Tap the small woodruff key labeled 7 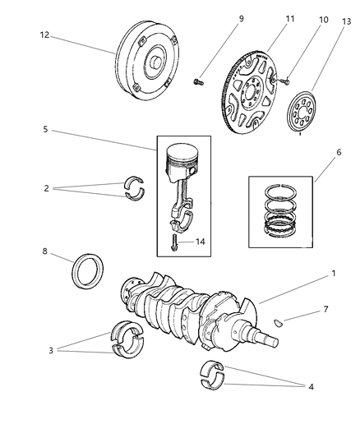coord(279,322)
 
